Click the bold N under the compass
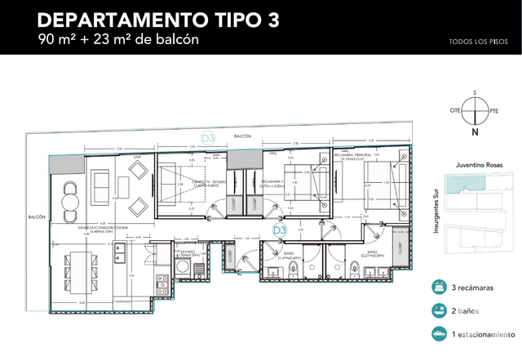point(475,131)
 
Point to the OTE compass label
point(455,110)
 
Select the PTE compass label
point(494,110)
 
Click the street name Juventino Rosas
point(475,165)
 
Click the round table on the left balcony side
point(70,197)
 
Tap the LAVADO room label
point(186,252)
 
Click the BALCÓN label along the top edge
point(241,136)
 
